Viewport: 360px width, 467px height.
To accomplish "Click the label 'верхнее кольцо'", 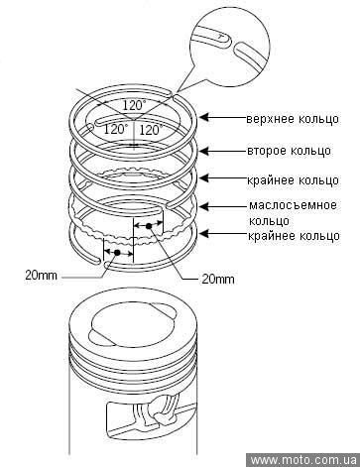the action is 293,119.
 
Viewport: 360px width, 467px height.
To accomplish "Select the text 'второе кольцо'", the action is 289,151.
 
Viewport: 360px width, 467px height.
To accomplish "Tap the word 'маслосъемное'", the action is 293,205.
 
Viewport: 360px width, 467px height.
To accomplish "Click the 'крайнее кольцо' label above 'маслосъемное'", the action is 293,180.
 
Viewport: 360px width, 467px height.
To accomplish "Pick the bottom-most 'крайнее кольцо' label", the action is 294,236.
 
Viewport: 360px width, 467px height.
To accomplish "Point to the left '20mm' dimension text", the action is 41,275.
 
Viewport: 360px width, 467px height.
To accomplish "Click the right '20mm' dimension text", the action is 218,280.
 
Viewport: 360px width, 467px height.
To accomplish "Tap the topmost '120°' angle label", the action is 134,105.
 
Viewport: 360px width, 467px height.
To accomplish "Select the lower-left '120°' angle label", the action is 116,129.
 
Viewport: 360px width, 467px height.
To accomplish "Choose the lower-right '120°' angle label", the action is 151,130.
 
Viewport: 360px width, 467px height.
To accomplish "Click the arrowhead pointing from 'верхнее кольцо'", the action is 205,117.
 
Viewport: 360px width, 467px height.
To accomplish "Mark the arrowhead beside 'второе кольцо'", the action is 205,151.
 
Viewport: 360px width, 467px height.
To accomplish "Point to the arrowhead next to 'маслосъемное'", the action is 205,206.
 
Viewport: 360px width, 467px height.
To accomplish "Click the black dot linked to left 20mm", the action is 117,253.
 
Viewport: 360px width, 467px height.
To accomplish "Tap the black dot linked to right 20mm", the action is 149,226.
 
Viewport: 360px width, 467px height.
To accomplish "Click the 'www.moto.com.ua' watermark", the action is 303,460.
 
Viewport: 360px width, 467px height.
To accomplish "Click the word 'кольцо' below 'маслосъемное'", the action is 269,221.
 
